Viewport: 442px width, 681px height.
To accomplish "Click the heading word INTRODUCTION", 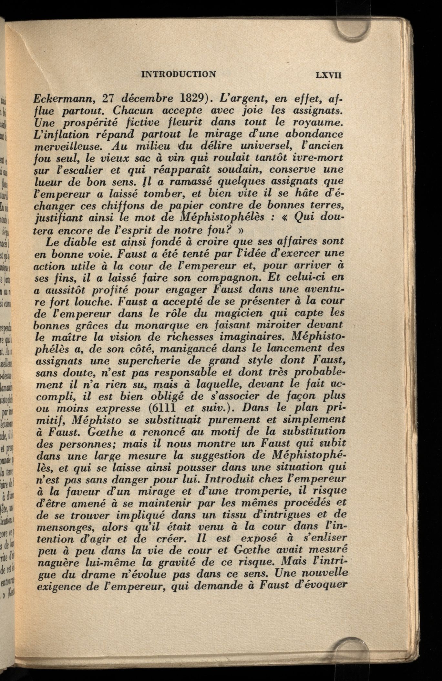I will [179, 75].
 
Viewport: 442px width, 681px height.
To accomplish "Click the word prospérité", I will [92, 123].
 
